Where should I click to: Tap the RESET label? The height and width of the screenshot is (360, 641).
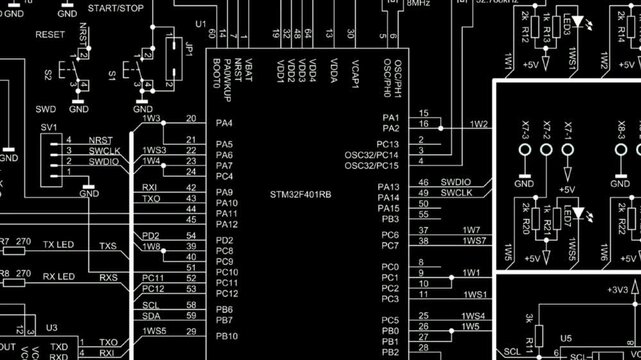[x=49, y=34]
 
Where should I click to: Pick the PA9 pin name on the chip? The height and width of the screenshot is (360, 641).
[x=225, y=192]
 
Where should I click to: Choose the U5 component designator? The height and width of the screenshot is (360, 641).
[x=566, y=339]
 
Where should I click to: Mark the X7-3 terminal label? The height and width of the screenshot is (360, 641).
[x=525, y=131]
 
